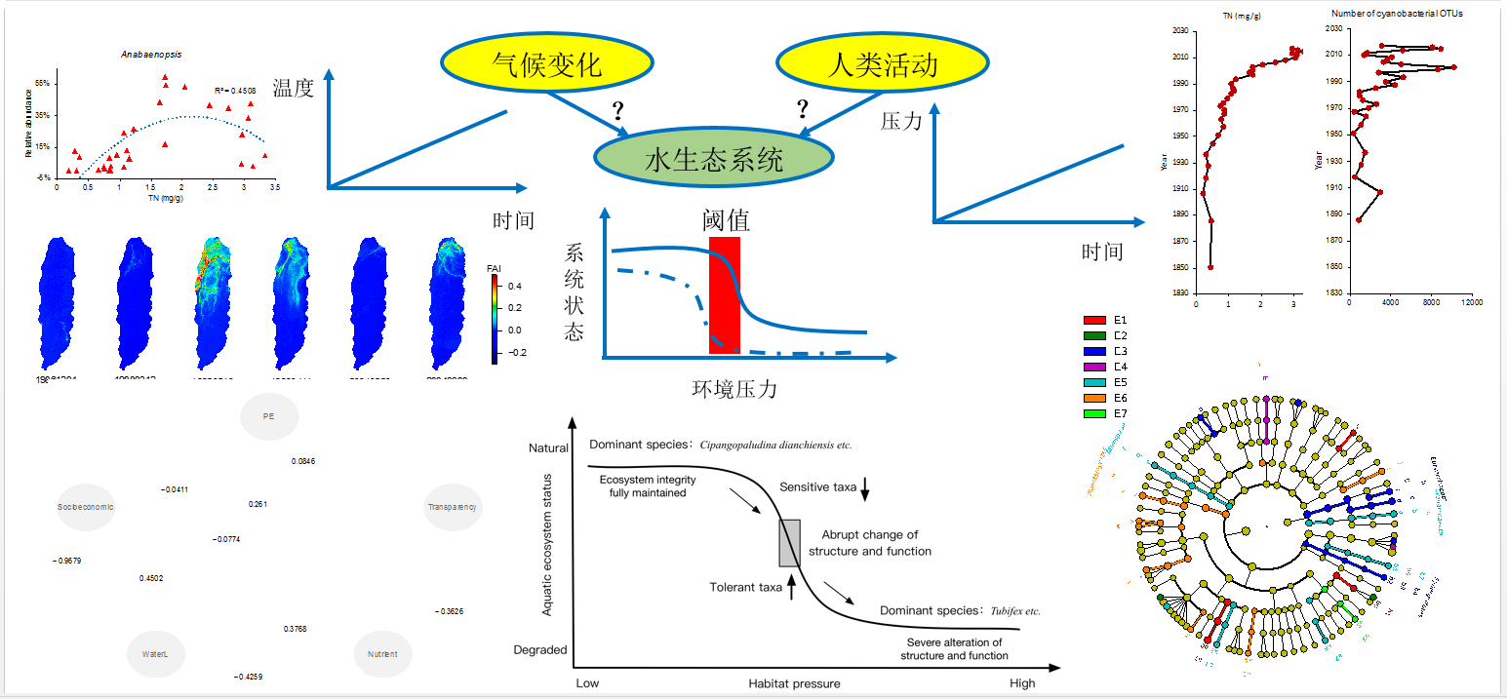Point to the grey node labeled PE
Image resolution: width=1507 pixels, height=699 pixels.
click(x=269, y=416)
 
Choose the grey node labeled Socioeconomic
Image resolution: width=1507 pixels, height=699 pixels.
click(x=86, y=507)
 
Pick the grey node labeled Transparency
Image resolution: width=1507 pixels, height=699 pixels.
click(x=453, y=507)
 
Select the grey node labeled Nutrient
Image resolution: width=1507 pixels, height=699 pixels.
click(x=382, y=653)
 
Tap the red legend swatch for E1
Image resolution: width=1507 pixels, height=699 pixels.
click(x=1095, y=320)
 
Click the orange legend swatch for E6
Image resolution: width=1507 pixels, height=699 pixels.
click(x=1095, y=398)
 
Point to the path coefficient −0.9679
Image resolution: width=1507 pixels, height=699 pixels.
click(x=67, y=561)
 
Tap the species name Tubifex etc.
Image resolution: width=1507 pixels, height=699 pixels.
click(x=1017, y=611)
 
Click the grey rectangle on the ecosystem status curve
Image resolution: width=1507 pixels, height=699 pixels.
click(x=789, y=543)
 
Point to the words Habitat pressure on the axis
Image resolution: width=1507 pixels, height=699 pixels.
click(x=794, y=683)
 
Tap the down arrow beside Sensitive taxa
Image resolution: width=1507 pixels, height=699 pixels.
click(x=864, y=493)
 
